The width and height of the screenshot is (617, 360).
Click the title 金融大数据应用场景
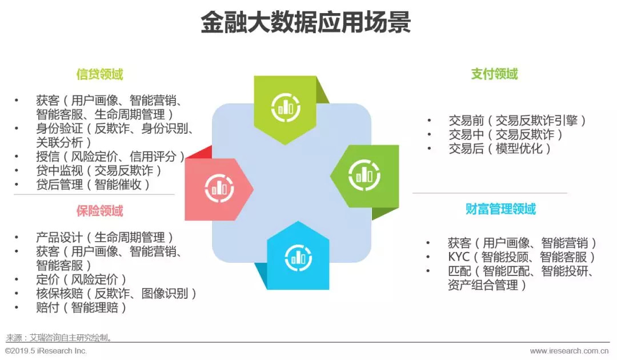pyautogui.click(x=306, y=22)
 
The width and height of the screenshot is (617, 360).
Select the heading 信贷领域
pyautogui.click(x=100, y=74)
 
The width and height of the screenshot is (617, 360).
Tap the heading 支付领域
pyautogui.click(x=495, y=74)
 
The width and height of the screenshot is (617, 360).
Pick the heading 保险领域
pyautogui.click(x=100, y=211)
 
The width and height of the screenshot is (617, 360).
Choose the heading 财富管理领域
pyautogui.click(x=500, y=209)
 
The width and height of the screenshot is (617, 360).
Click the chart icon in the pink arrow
pyautogui.click(x=219, y=188)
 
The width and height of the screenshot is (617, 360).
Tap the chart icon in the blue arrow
pyautogui.click(x=298, y=258)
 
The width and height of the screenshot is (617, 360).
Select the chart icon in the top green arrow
pyautogui.click(x=285, y=107)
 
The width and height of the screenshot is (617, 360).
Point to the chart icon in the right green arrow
pyautogui.click(x=364, y=175)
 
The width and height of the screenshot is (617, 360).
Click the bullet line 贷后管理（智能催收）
pyautogui.click(x=93, y=184)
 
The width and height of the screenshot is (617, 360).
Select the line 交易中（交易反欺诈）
pyautogui.click(x=505, y=134)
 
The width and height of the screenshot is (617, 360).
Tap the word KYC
pyautogui.click(x=459, y=257)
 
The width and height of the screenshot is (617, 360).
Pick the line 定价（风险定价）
pyautogui.click(x=81, y=279)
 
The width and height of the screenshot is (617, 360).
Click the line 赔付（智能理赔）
pyautogui.click(x=81, y=307)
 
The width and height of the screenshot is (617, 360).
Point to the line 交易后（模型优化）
pyautogui.click(x=499, y=149)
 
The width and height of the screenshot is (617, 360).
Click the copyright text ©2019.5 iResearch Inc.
pyautogui.click(x=46, y=351)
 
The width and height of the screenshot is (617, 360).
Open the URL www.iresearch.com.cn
pyautogui.click(x=570, y=351)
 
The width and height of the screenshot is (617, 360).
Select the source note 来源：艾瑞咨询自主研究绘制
pyautogui.click(x=59, y=338)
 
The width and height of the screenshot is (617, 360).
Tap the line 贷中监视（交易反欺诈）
pyautogui.click(x=99, y=170)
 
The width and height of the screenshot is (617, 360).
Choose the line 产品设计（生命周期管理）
pyautogui.click(x=105, y=237)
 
